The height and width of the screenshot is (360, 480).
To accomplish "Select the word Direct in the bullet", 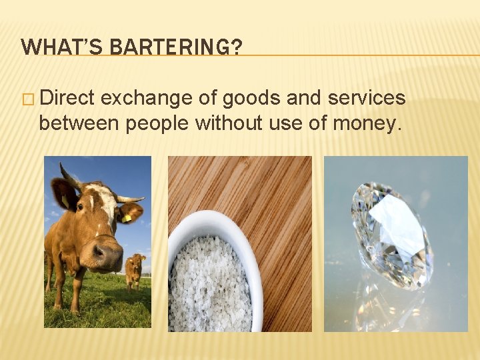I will tap(69, 99).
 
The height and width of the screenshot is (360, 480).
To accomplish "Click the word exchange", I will tap(148, 99).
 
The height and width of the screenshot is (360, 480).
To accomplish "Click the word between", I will tap(79, 123).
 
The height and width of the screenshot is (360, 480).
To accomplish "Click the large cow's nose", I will tap(107, 254).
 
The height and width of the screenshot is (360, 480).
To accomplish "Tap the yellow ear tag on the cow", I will tap(127, 217).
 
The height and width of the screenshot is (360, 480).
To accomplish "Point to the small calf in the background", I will tap(135, 268).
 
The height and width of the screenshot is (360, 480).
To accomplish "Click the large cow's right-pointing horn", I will tap(131, 199).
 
